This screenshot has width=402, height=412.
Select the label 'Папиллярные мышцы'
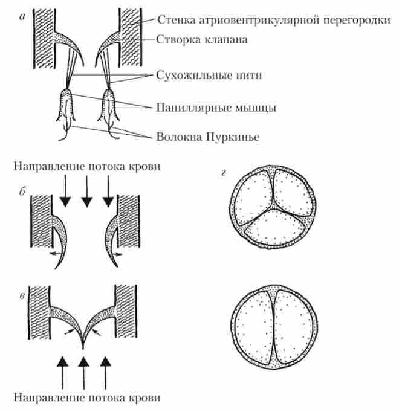(x=216, y=109)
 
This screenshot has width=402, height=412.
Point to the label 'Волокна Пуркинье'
(x=207, y=137)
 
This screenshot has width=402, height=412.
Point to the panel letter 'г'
(x=224, y=175)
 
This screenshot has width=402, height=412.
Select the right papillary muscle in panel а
(x=109, y=106)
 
